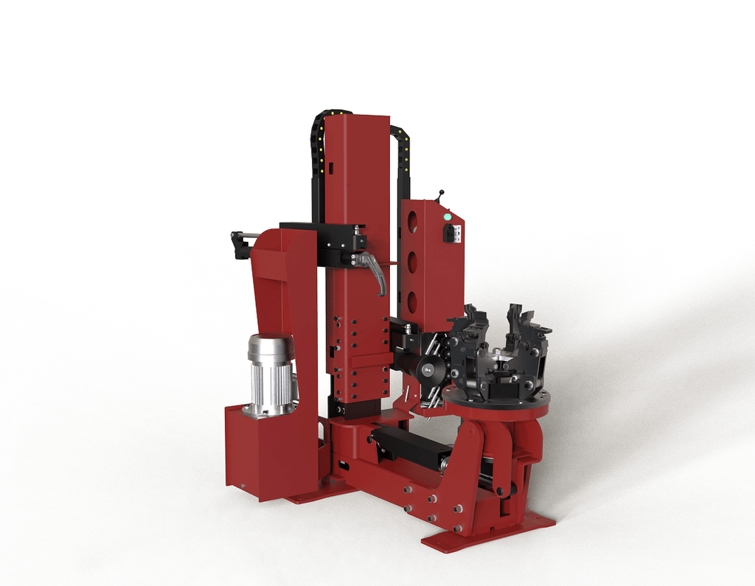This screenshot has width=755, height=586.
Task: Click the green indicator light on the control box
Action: (446, 217)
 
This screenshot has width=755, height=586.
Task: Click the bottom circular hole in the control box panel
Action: (412, 301)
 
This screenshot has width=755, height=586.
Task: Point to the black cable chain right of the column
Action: (403, 166)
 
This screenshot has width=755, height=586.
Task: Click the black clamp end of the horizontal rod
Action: (240, 244)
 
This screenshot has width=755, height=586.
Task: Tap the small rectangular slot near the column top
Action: (331, 168)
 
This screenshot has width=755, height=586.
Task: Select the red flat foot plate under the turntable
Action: (487, 531)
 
